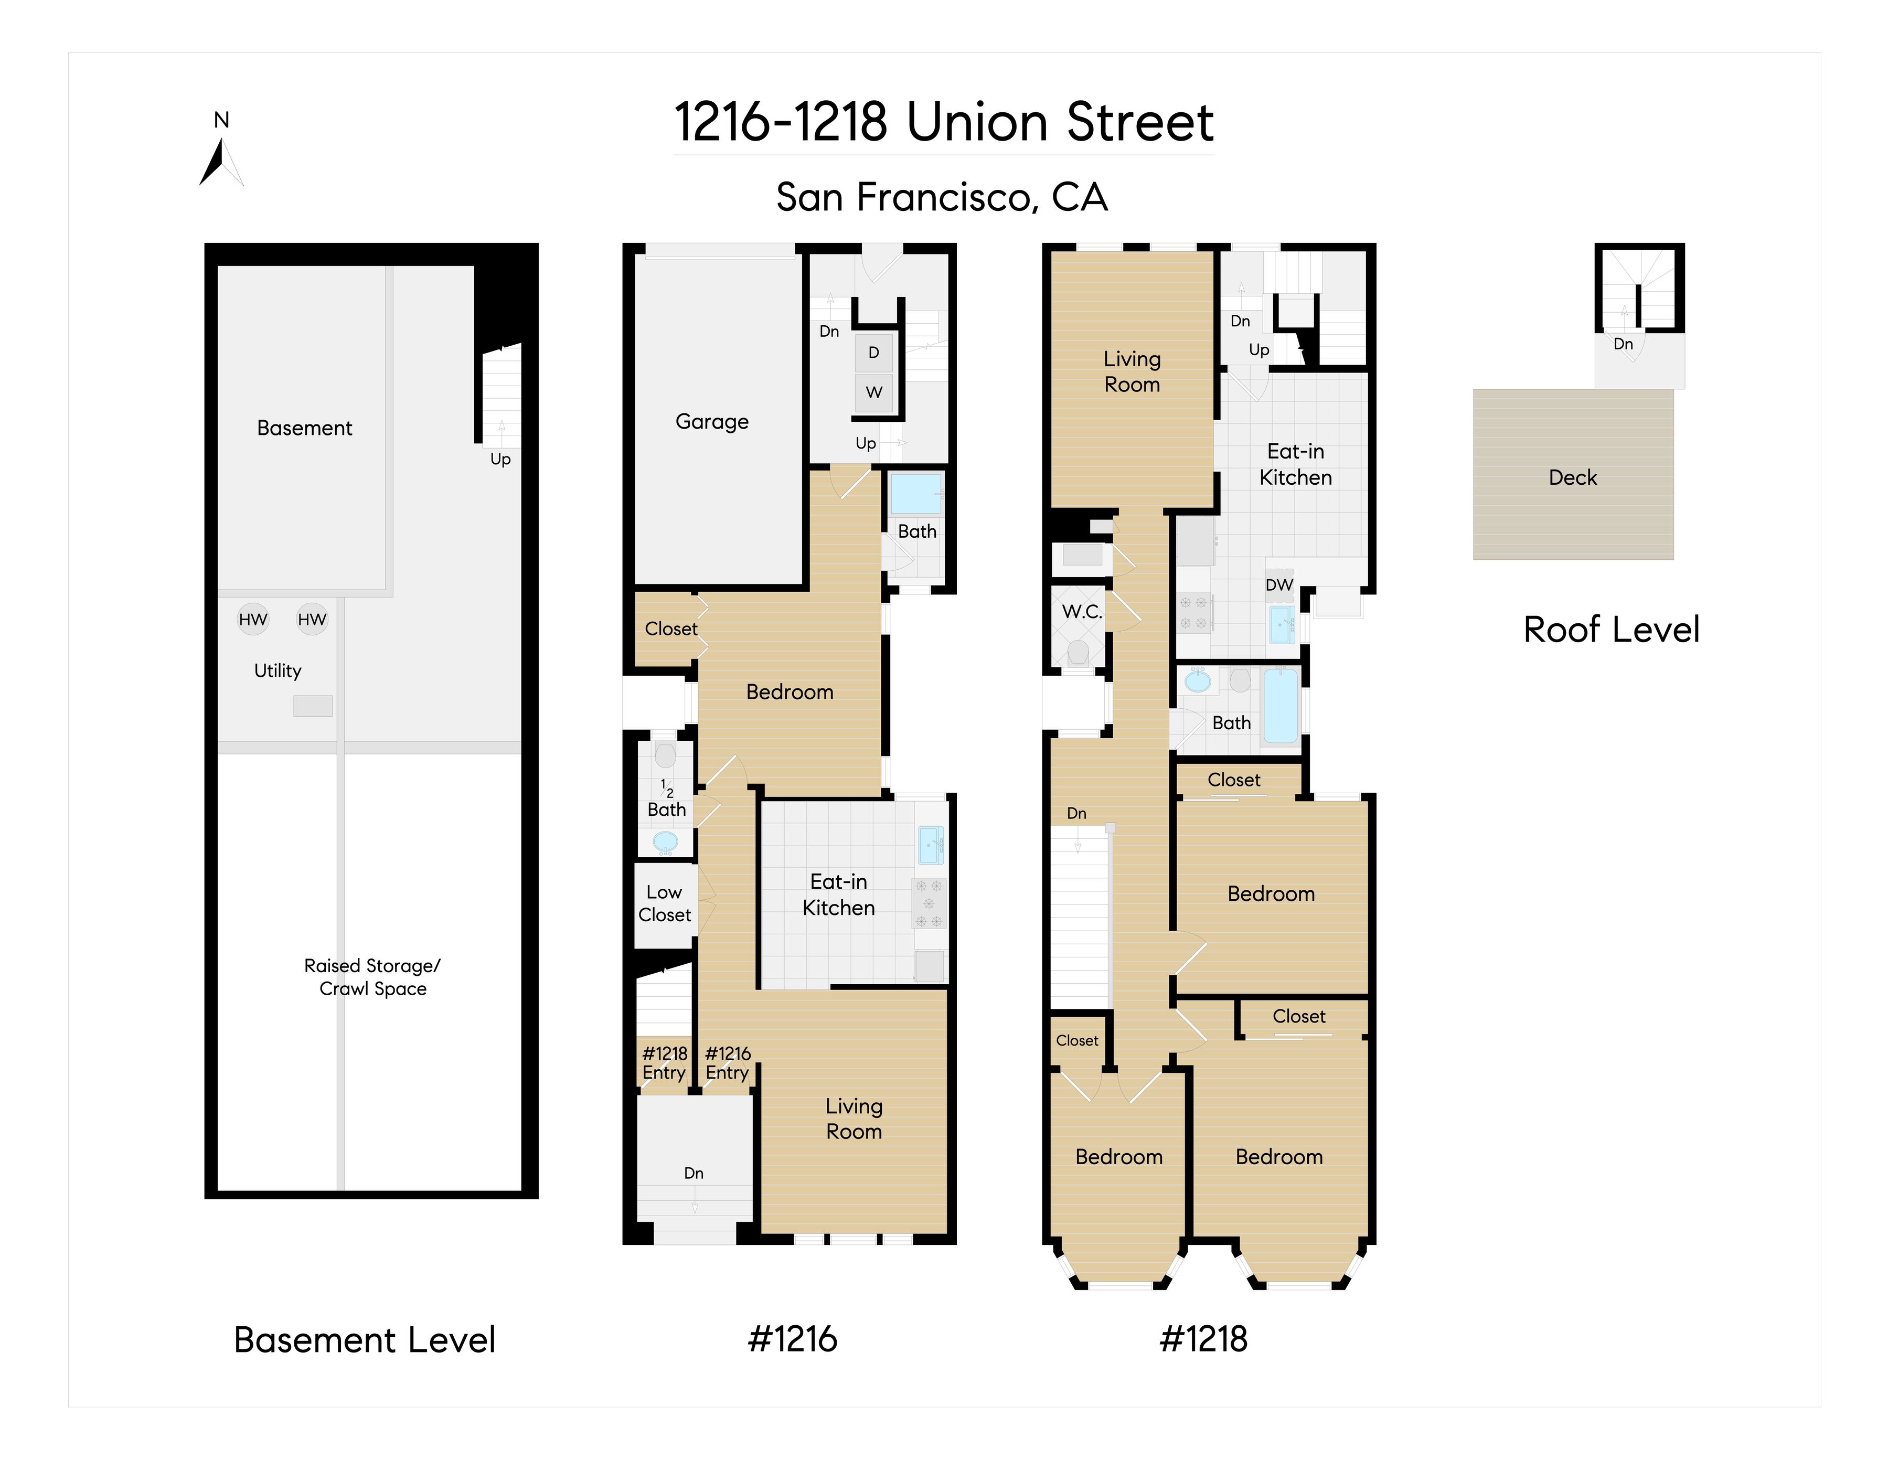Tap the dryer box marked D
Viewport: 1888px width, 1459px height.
[874, 353]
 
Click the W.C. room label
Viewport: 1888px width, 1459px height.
[1082, 611]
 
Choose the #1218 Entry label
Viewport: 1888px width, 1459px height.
[665, 1063]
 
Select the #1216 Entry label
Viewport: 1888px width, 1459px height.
[728, 1063]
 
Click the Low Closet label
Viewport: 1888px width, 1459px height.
[665, 903]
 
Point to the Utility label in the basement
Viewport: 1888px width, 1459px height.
[278, 670]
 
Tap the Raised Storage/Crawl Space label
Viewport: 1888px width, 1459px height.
[372, 977]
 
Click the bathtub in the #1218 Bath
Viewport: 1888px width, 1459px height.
[1281, 705]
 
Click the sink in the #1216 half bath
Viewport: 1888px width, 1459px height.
[665, 841]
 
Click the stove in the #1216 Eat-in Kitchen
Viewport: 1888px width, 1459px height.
[929, 904]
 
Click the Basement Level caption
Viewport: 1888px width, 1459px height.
[364, 1340]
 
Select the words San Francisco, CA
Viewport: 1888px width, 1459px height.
[942, 198]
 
